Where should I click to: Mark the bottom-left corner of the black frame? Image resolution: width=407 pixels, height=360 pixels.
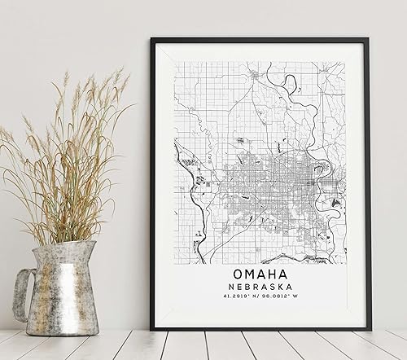click(x=153, y=328)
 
